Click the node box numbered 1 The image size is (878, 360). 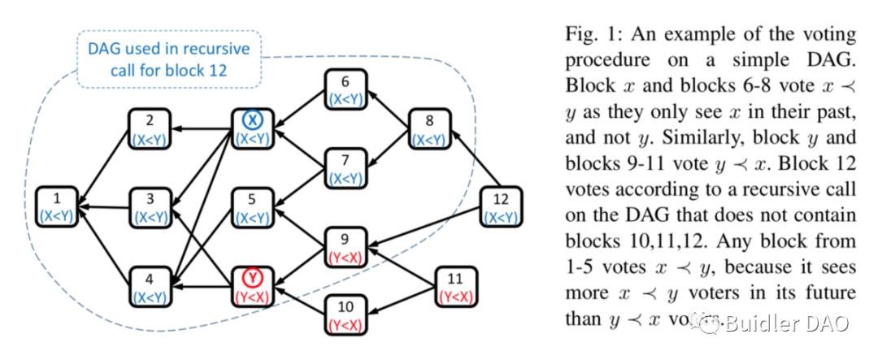click(57, 208)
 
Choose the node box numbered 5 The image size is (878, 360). click(254, 208)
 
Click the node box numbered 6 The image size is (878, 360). click(346, 90)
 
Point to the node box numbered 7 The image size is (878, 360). click(346, 167)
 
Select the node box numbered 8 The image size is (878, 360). click(428, 130)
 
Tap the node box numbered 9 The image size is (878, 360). click(346, 248)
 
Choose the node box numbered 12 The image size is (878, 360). click(500, 208)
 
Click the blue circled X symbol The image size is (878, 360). click(254, 120)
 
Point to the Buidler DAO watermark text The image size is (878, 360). click(785, 323)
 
